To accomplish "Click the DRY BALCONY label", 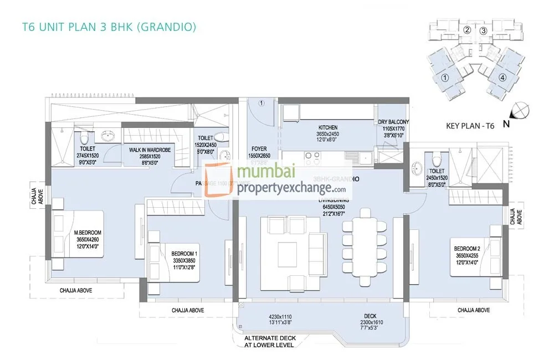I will (x=394, y=122).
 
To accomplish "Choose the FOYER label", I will (x=258, y=149).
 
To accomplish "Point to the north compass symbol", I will (x=520, y=111).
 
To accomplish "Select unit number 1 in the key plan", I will (x=445, y=78).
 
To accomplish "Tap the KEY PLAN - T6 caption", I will (x=470, y=126).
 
